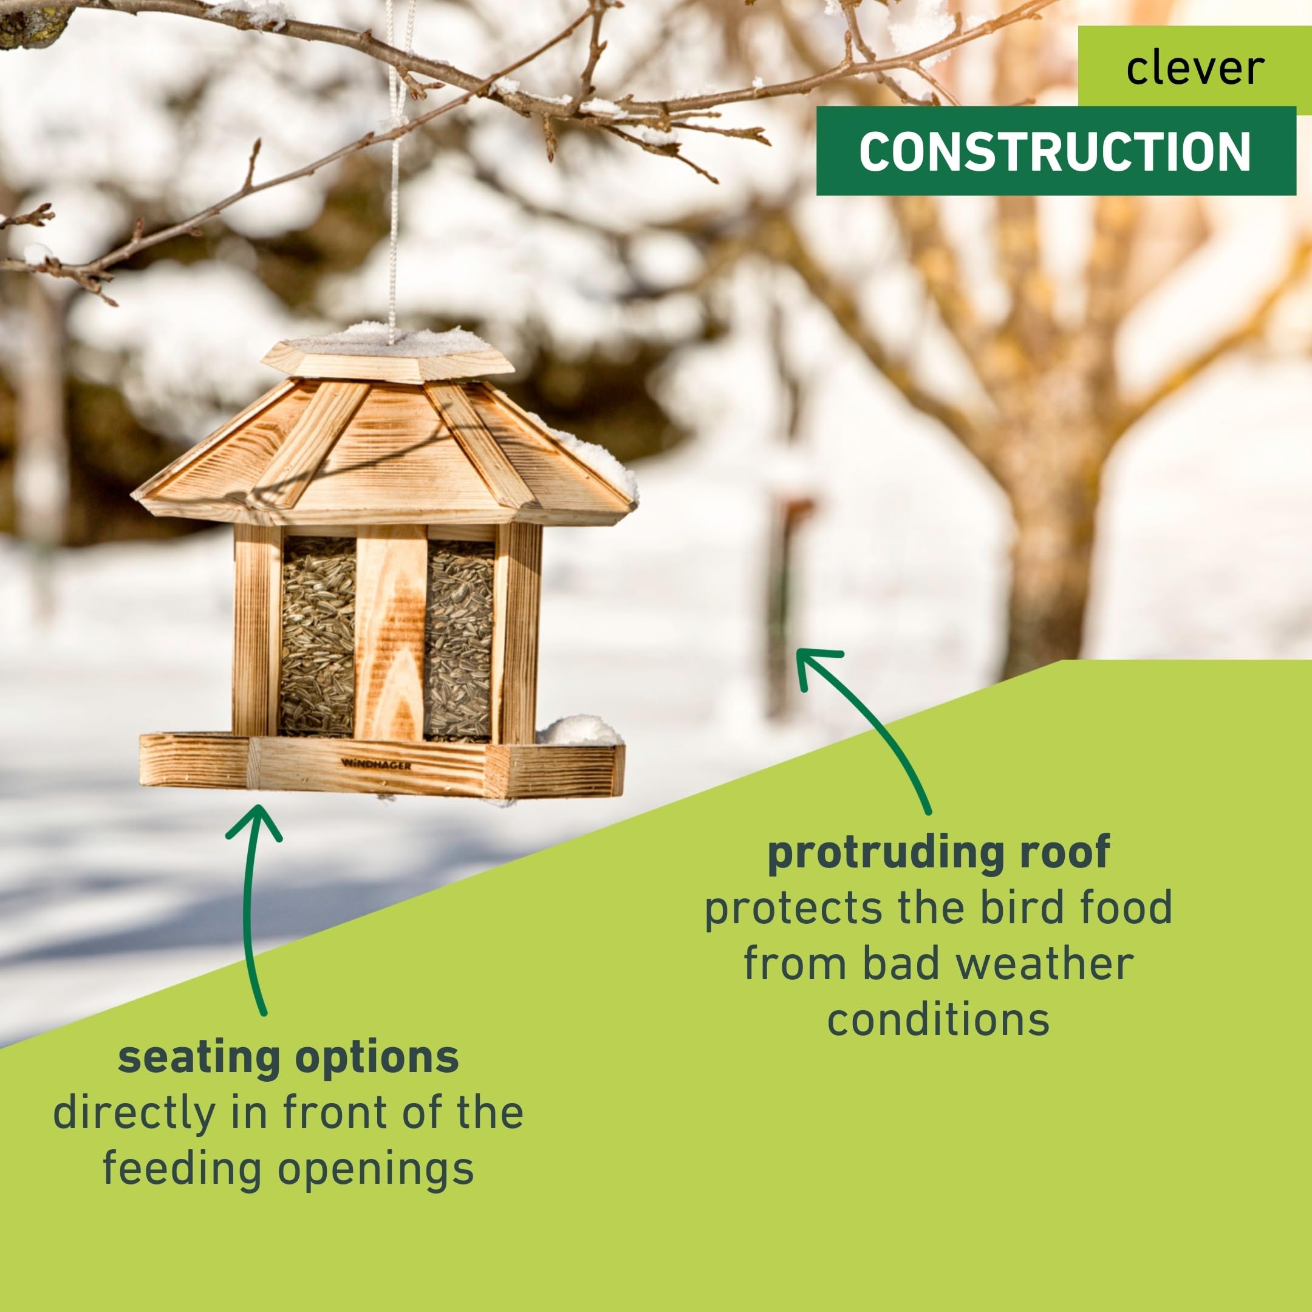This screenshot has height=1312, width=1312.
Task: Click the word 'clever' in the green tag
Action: point(1195,68)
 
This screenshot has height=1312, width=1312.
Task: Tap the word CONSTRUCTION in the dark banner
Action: point(1054,151)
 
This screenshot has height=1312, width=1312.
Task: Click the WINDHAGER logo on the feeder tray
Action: point(376,765)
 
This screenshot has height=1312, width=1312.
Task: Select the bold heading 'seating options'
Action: point(289,1057)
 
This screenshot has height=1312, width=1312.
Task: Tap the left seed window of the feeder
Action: point(318,637)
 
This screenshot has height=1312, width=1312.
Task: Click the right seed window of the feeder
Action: point(459,640)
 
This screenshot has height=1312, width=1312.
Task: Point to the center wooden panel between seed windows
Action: point(391,633)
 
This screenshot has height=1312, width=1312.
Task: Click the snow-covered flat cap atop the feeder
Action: point(388,353)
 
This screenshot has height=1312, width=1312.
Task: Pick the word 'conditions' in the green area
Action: point(938,1020)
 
